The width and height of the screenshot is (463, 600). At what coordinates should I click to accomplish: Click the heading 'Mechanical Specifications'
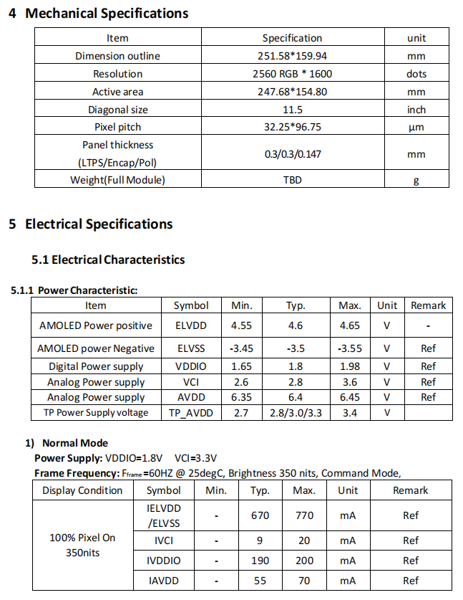pos(107,14)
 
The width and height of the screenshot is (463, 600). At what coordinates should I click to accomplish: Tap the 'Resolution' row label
pos(117,74)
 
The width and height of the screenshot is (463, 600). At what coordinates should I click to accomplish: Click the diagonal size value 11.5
pos(293,110)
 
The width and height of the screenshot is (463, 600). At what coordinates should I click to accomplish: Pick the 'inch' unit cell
pos(416,110)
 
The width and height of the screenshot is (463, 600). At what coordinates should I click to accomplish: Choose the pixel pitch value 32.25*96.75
pos(293,127)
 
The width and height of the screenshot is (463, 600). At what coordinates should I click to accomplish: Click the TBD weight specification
pos(293,180)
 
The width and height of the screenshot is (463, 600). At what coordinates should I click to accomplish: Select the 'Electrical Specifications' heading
pos(99,224)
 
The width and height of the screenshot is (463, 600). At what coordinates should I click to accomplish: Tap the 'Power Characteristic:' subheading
pos(87,290)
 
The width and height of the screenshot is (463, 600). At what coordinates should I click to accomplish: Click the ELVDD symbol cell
pos(191,325)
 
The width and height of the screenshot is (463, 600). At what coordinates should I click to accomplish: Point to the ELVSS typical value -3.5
pos(296,349)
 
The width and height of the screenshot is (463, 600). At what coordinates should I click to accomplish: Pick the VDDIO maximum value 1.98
pos(350,366)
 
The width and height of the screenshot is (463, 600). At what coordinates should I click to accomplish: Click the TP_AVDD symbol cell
pos(191,412)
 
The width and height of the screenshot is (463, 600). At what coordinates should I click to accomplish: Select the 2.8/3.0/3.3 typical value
pos(296,412)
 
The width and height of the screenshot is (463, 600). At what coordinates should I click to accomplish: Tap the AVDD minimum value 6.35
pos(242,397)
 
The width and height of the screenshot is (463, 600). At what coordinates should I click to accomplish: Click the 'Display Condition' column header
pos(82,490)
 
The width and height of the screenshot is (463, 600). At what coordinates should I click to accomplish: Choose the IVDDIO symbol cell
pos(164,561)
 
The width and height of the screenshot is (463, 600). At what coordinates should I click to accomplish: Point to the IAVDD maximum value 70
pos(304,581)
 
